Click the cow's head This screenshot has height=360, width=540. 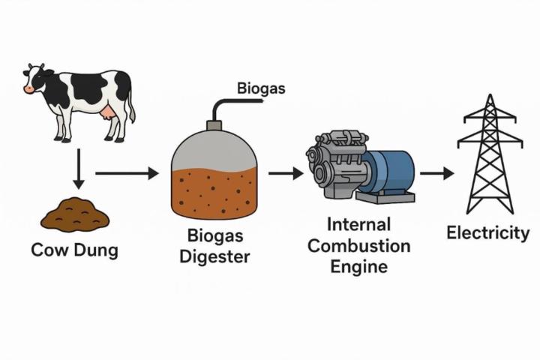tap(37, 79)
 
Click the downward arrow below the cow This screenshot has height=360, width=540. tap(78, 169)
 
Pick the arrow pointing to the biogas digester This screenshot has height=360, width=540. tap(127, 174)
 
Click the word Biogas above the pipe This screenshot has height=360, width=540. tap(261, 88)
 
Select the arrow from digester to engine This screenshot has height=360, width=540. tap(286, 174)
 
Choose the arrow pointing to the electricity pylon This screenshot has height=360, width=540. tap(436, 174)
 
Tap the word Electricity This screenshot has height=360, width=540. tap(488, 233)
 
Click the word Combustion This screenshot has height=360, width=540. tap(359, 245)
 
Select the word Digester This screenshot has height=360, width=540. tap(214, 256)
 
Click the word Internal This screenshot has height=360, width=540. tap(359, 224)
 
